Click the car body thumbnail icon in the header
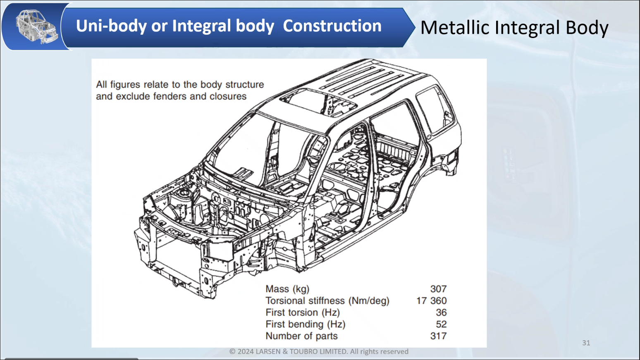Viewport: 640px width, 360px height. (x=36, y=27)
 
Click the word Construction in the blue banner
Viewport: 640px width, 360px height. (x=332, y=26)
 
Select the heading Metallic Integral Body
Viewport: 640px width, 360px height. (x=514, y=28)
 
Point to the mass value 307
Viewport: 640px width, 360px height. (x=438, y=289)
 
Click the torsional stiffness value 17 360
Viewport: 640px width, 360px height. (x=431, y=301)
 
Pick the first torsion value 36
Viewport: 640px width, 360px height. (x=441, y=312)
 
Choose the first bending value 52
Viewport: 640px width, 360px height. (x=441, y=324)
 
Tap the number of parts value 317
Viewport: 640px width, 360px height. (x=438, y=336)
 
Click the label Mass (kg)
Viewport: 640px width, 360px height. (x=287, y=289)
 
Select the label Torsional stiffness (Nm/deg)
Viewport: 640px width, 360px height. (x=327, y=301)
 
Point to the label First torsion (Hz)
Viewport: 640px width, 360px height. (x=303, y=312)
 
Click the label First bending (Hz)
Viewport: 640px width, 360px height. (x=305, y=324)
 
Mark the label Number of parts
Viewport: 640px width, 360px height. (x=301, y=336)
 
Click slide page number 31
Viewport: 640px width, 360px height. (x=586, y=343)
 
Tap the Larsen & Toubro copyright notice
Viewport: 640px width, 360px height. (x=319, y=351)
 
